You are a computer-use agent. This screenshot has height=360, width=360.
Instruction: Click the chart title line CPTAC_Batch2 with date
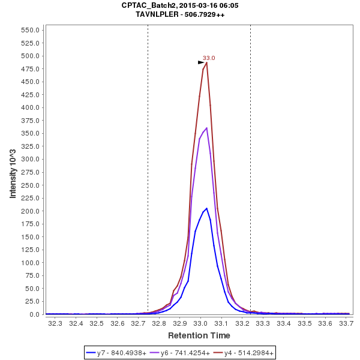pos(180,5)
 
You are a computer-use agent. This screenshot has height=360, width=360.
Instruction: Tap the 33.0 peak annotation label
pos(209,58)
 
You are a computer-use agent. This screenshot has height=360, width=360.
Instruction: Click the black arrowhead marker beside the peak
pos(202,62)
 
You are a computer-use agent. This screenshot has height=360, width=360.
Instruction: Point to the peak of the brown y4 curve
pos(206,62)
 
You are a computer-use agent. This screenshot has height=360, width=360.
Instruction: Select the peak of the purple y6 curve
pos(207,128)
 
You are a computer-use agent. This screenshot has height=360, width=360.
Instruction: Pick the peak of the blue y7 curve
pos(206,208)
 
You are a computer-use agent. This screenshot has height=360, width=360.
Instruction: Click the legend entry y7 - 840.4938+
pos(117,353)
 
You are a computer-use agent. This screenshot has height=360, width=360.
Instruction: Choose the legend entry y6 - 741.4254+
pos(181,353)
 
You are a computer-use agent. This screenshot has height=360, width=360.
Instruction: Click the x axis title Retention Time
pos(199,335)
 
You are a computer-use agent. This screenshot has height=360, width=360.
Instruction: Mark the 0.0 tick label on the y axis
pos(34,314)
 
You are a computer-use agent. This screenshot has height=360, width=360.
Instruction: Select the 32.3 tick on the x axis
pos(55,323)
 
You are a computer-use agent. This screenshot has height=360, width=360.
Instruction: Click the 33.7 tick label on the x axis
pos(346,323)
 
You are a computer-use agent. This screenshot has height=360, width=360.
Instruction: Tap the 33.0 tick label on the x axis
pos(200,323)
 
